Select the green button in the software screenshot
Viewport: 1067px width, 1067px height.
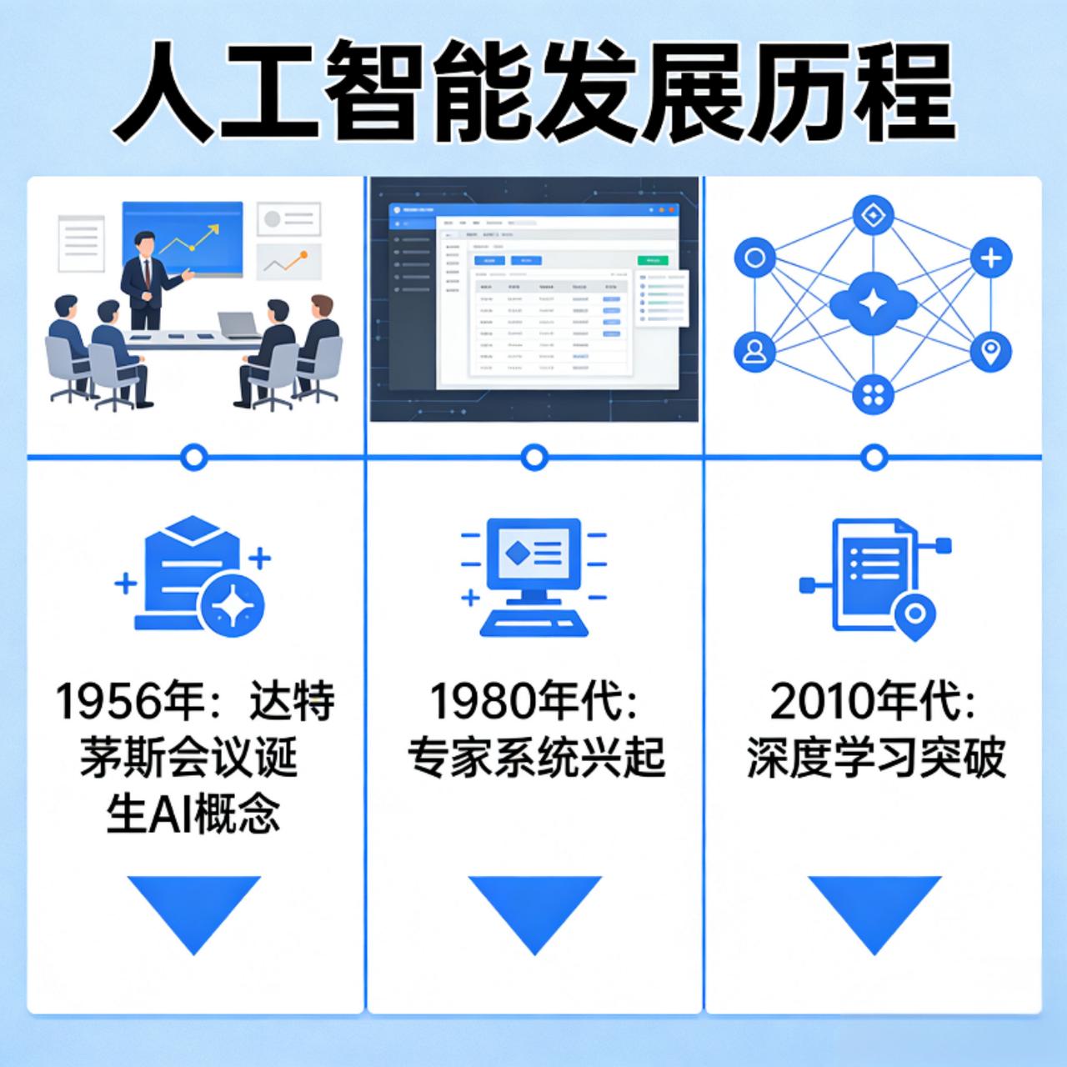point(652,260)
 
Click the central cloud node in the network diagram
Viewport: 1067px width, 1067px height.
point(873,305)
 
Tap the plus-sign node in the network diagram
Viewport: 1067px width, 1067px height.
point(991,258)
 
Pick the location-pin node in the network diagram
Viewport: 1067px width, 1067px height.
point(991,351)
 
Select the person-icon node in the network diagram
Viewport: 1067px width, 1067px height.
point(755,351)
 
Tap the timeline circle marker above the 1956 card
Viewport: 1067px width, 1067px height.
point(194,457)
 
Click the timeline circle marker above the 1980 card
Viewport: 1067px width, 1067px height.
point(533,457)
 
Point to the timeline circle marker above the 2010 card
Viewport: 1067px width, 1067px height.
point(874,457)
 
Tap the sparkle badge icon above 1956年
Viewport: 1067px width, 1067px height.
point(233,604)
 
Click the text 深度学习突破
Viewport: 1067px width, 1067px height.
point(875,759)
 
